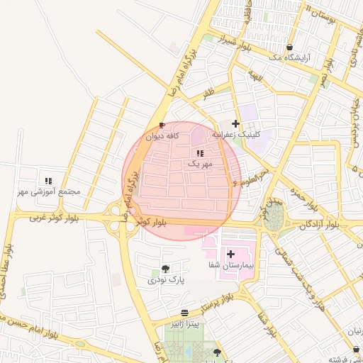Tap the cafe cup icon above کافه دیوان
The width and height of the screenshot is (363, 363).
click(162, 125)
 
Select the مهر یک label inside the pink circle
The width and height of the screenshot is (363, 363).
click(199, 164)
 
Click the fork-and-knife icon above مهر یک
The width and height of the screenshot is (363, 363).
click(199, 153)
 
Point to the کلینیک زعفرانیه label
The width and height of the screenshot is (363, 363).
click(237, 134)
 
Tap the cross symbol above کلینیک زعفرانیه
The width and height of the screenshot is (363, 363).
click(236, 123)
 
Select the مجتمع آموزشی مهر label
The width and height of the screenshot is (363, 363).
click(50, 192)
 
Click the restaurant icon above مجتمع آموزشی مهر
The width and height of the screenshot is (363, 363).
click(48, 181)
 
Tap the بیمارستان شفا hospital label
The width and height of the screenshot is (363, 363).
click(230, 264)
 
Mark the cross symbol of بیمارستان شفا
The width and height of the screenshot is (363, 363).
click(230, 253)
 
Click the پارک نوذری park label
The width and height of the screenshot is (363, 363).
click(165, 280)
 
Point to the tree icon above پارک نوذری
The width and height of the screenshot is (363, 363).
click(165, 269)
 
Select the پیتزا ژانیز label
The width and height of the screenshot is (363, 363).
click(184, 323)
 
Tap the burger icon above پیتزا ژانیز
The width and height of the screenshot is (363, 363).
click(184, 313)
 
